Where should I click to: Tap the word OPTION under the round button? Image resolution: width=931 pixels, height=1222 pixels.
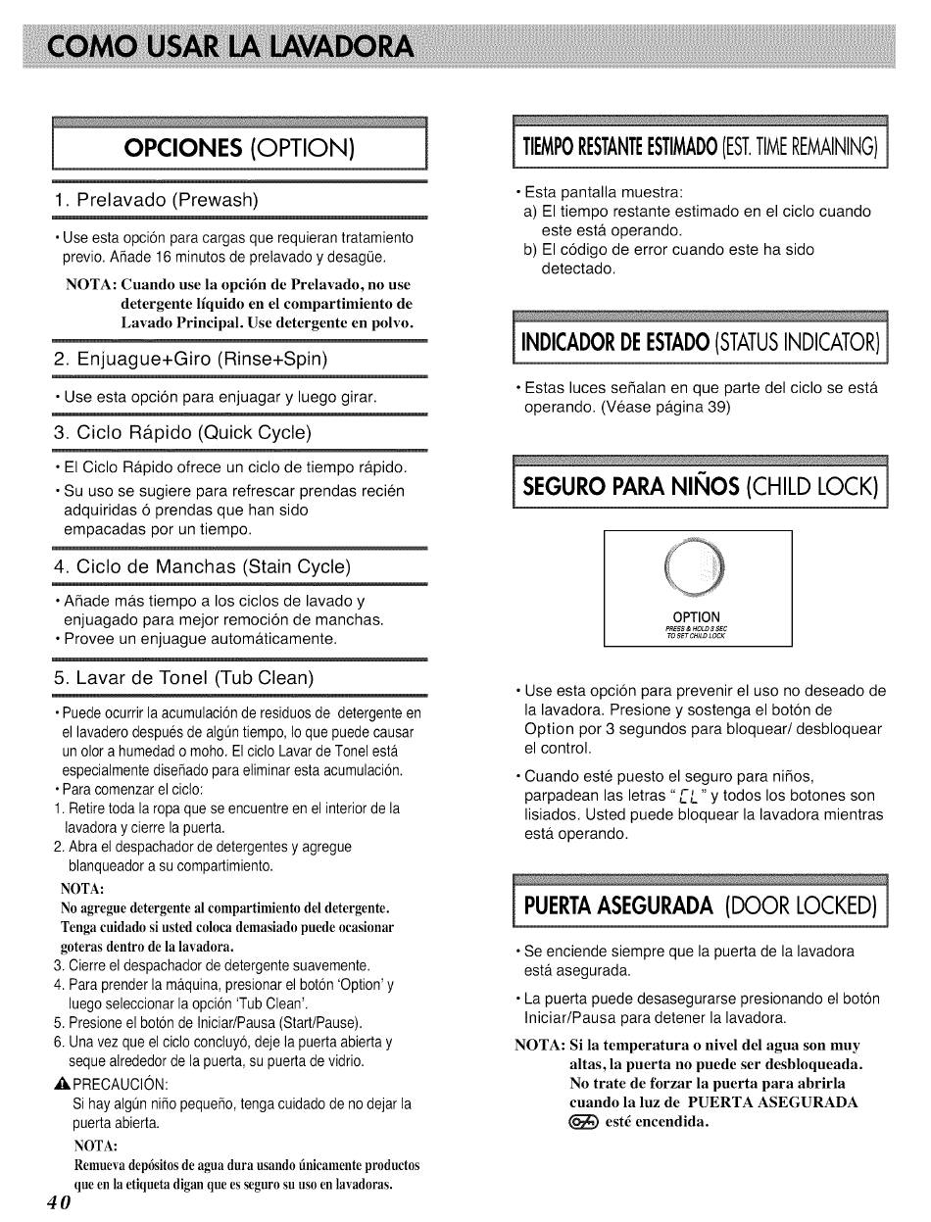coord(697,617)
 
